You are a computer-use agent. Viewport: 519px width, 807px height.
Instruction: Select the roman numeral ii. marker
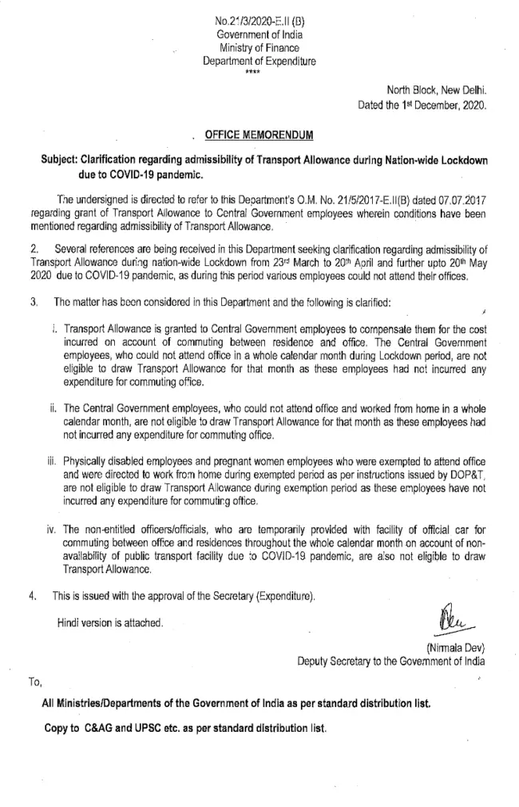click(52, 407)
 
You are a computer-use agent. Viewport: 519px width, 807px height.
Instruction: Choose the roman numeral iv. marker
click(51, 529)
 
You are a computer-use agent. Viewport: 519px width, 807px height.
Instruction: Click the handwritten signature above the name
click(453, 617)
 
